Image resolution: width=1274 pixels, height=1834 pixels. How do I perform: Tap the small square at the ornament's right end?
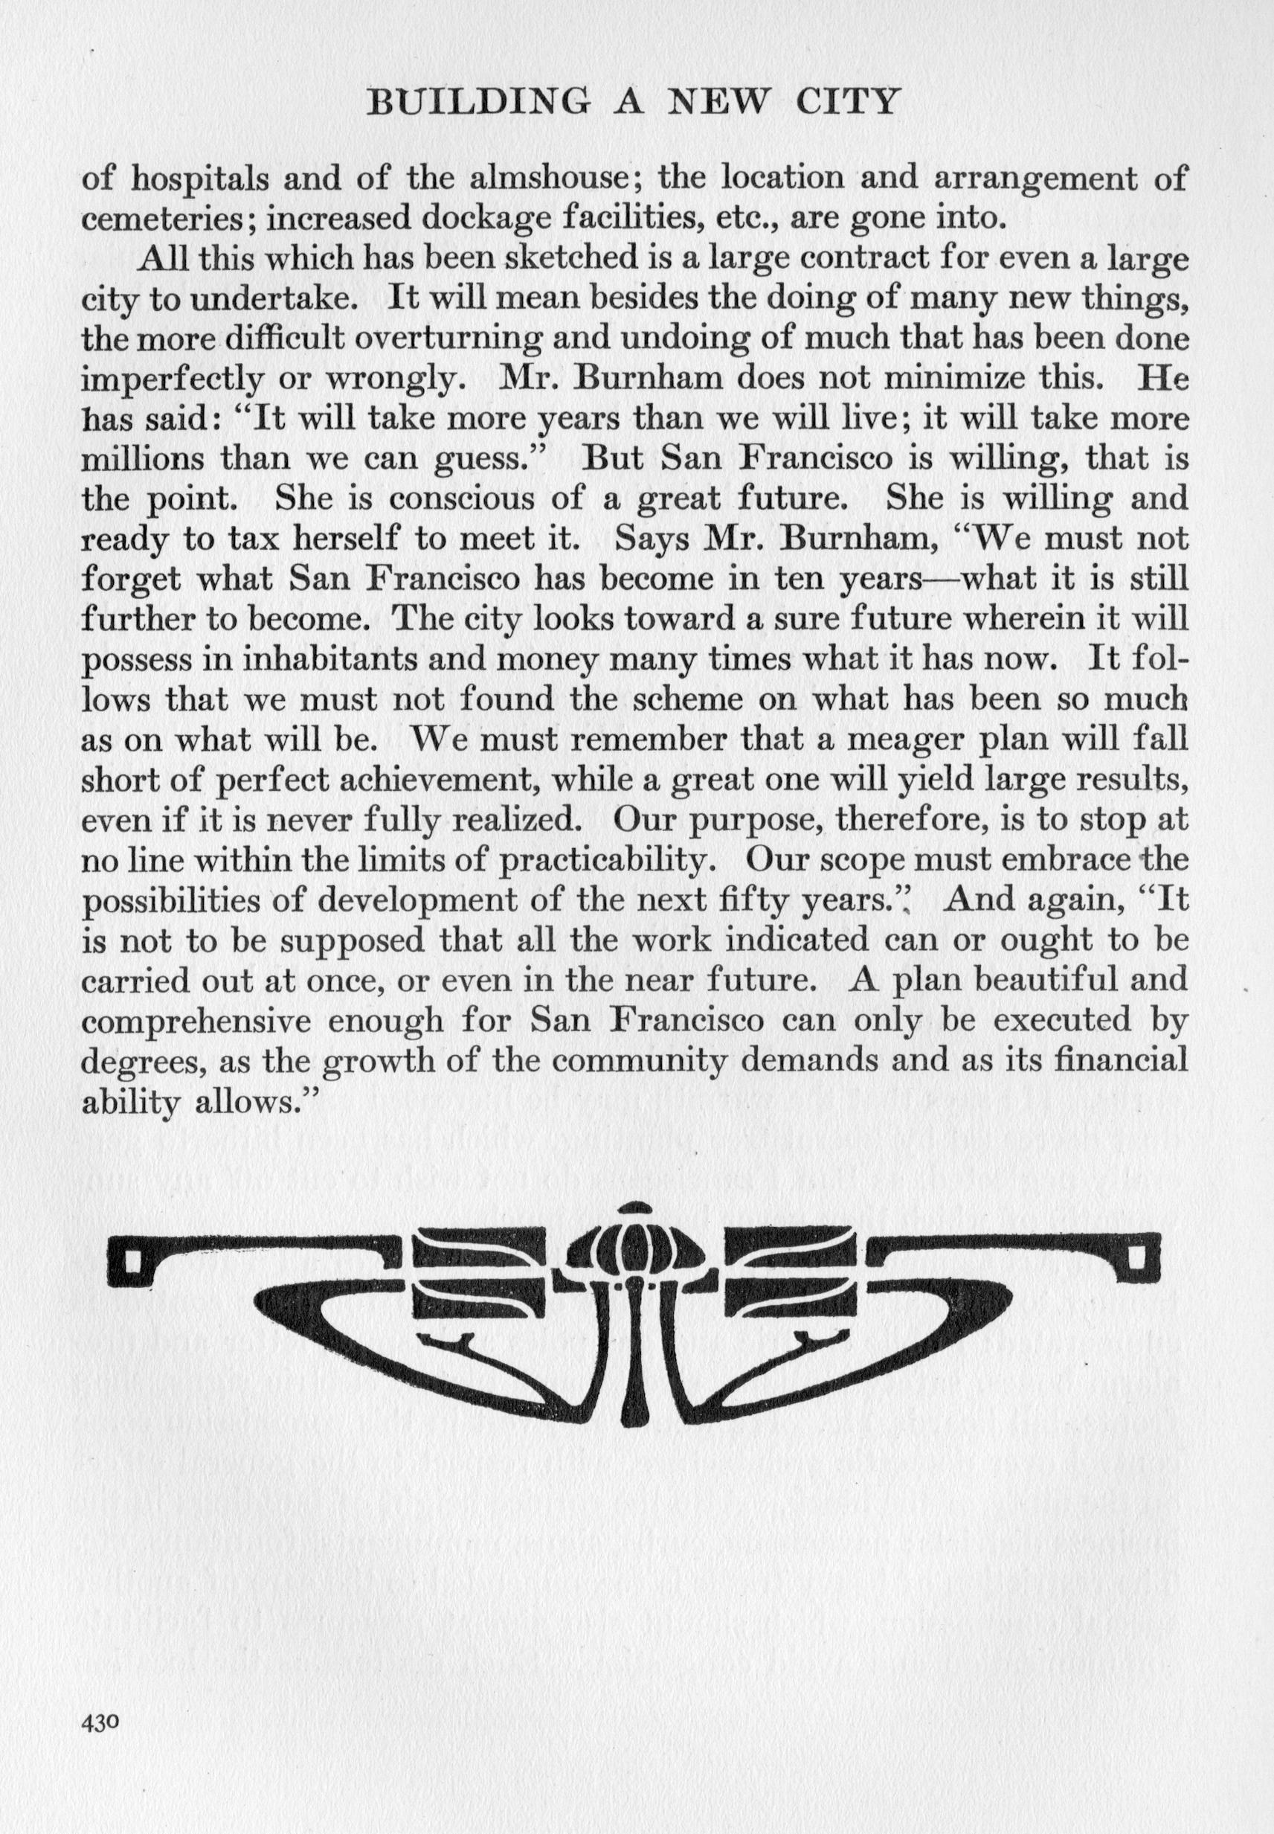(1141, 1260)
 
